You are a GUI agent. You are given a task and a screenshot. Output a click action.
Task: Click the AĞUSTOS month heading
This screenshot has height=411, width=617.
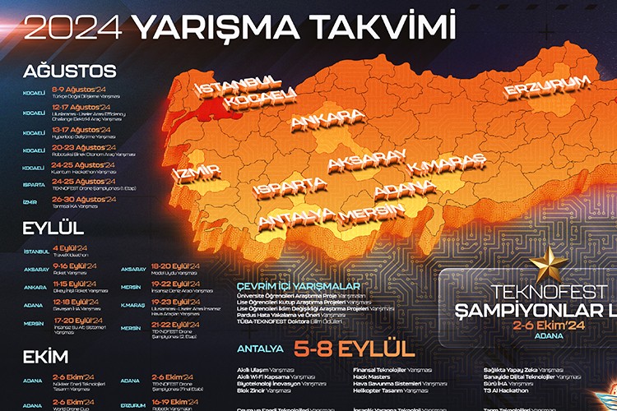[x=70, y=71]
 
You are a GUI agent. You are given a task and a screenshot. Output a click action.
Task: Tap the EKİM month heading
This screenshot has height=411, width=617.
[x=47, y=361]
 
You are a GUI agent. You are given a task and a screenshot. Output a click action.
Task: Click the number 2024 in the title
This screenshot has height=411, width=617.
[x=75, y=27]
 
